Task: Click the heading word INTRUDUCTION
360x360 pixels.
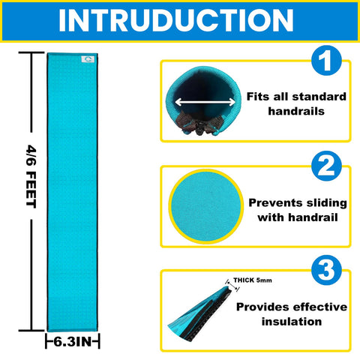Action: point(176,20)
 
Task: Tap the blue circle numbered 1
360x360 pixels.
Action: point(326,60)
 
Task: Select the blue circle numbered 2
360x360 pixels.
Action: point(326,166)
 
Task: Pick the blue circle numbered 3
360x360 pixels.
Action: point(326,270)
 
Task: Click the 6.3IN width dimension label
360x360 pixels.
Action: point(73,342)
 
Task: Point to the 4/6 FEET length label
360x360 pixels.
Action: point(31,176)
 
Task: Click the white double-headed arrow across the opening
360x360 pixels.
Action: point(205,102)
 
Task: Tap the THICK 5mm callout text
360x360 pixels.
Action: point(253,280)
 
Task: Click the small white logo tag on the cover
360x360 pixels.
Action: point(88,59)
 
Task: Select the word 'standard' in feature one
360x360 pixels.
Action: point(319,97)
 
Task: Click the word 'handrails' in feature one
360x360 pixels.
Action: point(296,111)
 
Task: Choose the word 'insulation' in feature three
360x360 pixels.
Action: point(292,322)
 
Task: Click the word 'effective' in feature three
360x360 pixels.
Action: point(320,307)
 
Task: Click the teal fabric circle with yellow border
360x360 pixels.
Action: point(206,206)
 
